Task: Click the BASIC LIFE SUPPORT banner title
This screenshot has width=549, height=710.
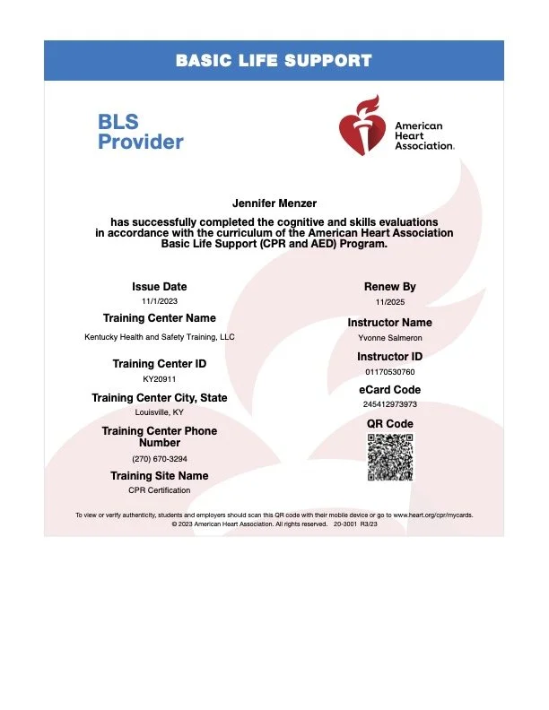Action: click(x=274, y=61)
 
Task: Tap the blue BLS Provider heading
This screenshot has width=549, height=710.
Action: click(x=140, y=132)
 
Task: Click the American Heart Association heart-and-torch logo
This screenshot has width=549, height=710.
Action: click(x=364, y=131)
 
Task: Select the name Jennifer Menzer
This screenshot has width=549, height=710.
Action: click(x=274, y=203)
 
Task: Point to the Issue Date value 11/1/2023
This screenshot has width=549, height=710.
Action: click(x=159, y=302)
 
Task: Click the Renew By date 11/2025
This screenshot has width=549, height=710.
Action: click(x=389, y=302)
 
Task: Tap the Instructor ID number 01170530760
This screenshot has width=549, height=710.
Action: click(x=389, y=371)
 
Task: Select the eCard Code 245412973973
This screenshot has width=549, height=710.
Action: click(x=389, y=404)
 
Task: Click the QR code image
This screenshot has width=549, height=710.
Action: click(x=389, y=456)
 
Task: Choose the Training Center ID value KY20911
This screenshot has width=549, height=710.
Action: click(x=159, y=379)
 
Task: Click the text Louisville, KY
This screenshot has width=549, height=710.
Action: click(x=159, y=412)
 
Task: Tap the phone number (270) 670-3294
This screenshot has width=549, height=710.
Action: click(x=159, y=458)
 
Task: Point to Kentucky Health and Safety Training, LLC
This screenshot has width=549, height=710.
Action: click(x=159, y=336)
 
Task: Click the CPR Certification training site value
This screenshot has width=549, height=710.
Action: click(x=159, y=490)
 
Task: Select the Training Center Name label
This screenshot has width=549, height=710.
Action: click(x=159, y=318)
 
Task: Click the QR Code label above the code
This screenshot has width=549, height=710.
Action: click(x=389, y=423)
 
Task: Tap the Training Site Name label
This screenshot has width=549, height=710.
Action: click(x=159, y=475)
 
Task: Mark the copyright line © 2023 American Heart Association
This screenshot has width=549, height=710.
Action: click(x=274, y=525)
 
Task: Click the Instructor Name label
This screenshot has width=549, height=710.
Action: click(x=389, y=322)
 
